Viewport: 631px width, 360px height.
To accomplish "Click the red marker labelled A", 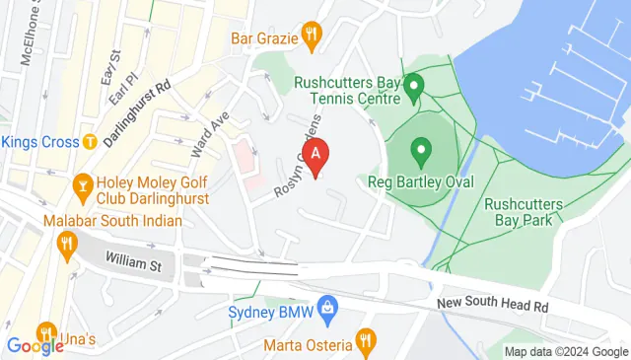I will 315,154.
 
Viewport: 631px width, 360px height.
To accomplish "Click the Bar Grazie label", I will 264,39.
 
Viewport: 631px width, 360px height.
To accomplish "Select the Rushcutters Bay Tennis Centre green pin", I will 415,87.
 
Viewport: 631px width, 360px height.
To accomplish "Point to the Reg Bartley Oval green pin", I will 422,153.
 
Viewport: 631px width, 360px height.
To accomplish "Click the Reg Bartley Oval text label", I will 420,182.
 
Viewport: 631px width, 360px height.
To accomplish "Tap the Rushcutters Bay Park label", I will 523,213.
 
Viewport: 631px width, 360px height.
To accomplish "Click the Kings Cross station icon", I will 91,142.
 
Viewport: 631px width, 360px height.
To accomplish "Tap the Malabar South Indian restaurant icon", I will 68,243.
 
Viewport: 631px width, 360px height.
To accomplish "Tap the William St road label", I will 133,265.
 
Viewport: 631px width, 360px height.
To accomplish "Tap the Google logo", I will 35,346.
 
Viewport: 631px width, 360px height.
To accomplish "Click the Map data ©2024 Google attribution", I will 565,352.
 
